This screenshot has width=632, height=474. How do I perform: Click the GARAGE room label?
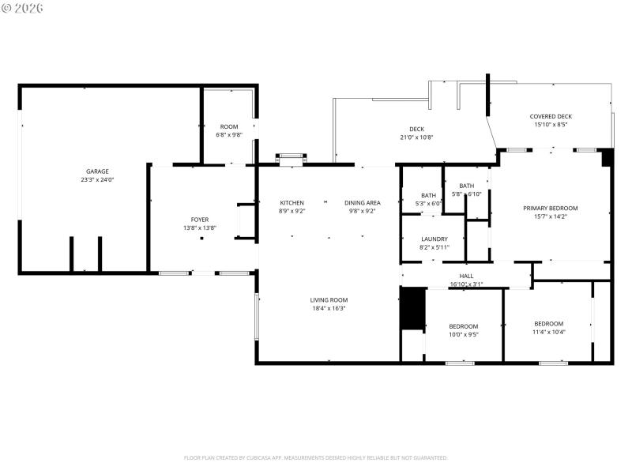(x=97, y=171)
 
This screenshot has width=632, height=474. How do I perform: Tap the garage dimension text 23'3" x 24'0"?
(x=97, y=180)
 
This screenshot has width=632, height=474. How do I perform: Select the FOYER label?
(x=200, y=220)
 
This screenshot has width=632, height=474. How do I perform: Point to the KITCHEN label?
(x=292, y=203)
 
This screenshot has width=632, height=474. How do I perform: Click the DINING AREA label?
(x=362, y=203)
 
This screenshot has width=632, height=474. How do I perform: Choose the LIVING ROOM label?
(x=329, y=300)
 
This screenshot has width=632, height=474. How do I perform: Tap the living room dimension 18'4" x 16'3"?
(x=329, y=308)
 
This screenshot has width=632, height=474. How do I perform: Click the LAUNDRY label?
(x=434, y=239)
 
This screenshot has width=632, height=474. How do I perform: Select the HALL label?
(x=466, y=276)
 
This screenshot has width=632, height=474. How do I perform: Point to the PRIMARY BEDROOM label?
(x=551, y=209)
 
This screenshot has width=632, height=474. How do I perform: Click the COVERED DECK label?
(x=551, y=116)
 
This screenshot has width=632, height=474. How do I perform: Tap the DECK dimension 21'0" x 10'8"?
(x=416, y=137)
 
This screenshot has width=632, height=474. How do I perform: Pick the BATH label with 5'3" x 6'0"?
(x=428, y=195)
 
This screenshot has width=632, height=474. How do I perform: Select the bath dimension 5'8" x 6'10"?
(x=467, y=194)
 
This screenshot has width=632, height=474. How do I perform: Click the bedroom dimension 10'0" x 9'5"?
(x=464, y=334)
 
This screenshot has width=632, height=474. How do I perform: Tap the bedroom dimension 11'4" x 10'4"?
(x=548, y=332)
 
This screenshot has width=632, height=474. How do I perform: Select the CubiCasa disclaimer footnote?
(x=316, y=457)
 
